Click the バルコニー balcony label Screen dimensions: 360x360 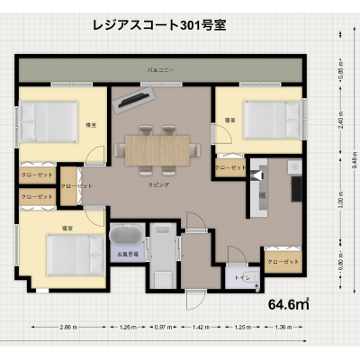(162, 68)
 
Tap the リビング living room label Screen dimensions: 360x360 (158, 184)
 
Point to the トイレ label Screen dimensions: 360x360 (241, 278)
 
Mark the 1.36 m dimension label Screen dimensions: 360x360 (282, 327)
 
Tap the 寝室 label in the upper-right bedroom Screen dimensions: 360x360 (229, 119)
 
